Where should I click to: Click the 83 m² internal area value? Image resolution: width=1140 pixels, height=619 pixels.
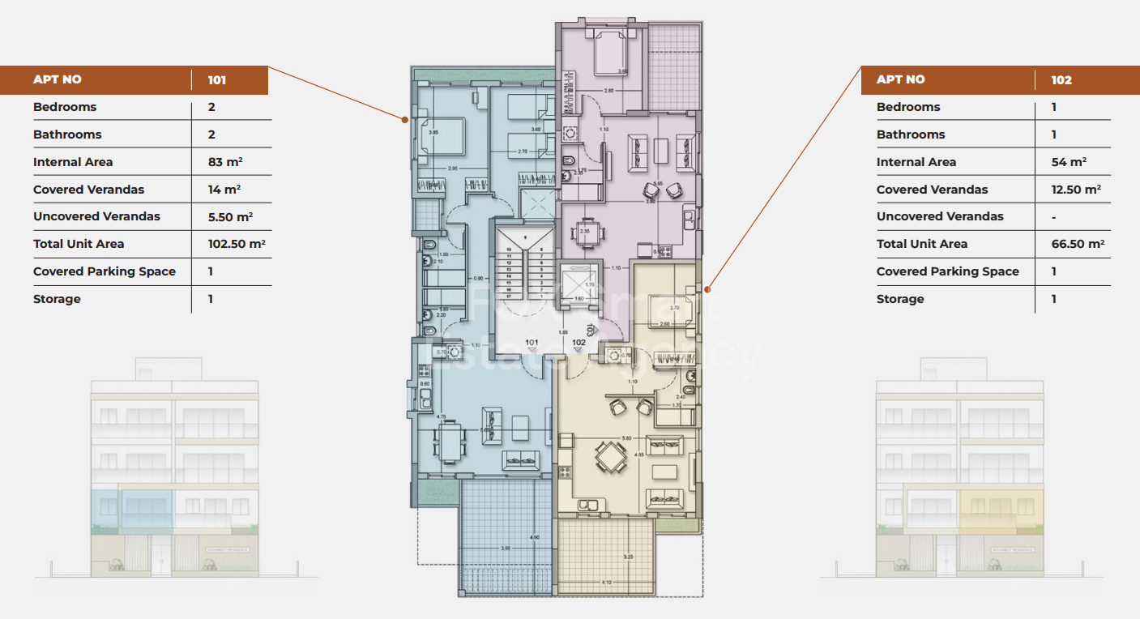225,162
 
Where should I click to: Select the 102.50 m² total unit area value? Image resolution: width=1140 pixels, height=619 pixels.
237,244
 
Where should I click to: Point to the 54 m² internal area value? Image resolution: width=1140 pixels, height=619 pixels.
1069,162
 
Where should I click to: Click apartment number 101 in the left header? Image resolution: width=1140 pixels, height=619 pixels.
217,80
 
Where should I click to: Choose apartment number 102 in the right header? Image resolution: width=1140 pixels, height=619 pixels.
1061,80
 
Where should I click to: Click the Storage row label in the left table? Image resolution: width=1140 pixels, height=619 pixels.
57,299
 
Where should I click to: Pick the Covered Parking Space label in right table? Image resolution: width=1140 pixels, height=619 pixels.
947,271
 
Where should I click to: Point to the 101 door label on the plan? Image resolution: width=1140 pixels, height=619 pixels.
532,343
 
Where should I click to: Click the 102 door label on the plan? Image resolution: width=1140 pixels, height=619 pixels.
579,343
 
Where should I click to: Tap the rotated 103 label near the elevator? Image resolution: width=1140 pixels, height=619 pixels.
591,330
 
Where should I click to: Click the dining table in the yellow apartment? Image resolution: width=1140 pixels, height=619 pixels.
611,459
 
